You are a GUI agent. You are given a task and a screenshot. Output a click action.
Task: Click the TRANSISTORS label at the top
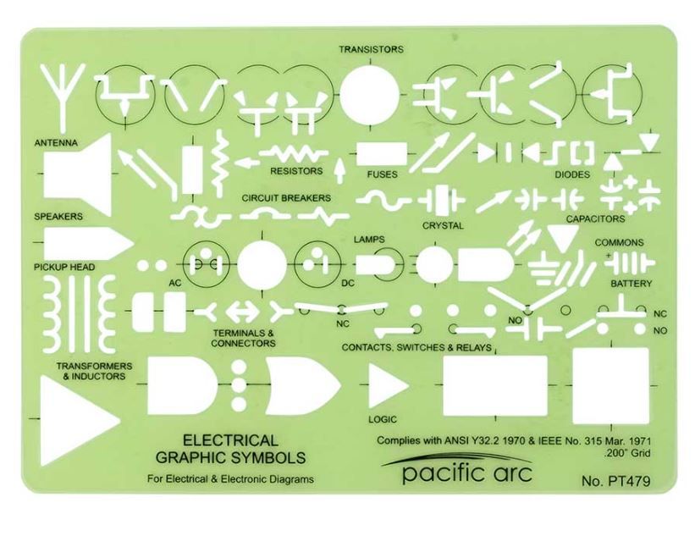click(x=371, y=50)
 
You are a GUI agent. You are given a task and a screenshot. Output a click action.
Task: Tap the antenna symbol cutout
click(x=60, y=91)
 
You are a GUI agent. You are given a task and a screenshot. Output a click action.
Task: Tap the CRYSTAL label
click(x=443, y=226)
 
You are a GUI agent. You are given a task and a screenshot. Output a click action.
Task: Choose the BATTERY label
click(x=632, y=284)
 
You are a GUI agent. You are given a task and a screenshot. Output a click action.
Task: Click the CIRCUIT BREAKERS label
click(x=285, y=197)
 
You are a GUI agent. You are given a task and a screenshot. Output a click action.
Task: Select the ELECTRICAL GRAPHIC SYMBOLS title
click(x=230, y=450)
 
